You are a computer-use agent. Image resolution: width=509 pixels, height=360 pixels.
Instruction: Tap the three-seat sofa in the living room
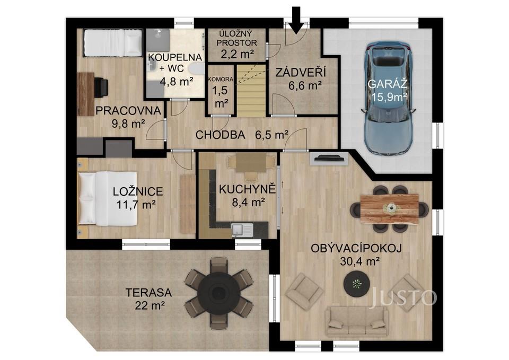[357, 319]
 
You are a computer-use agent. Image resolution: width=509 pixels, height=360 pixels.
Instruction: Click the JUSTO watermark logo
[403, 298]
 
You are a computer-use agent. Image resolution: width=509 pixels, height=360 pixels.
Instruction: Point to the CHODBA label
[220, 135]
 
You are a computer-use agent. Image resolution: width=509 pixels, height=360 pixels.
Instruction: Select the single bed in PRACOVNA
[112, 42]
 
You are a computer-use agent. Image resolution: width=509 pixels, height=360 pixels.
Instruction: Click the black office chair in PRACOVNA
[101, 87]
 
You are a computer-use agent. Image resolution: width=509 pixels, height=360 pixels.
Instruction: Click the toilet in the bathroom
[195, 69]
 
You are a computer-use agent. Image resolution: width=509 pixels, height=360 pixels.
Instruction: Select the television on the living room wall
[329, 157]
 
